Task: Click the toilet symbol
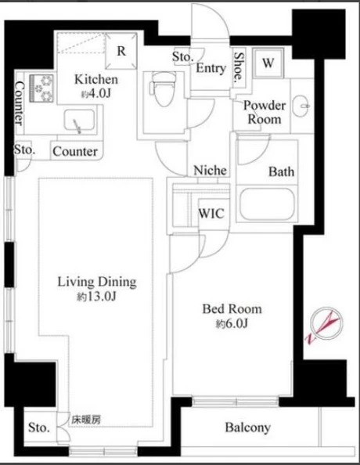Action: click(x=163, y=89)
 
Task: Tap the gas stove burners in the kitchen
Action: click(x=41, y=88)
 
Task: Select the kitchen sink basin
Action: click(x=80, y=121)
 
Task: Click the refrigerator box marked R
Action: click(x=121, y=51)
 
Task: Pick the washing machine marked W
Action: click(x=268, y=63)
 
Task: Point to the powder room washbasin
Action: click(x=301, y=106)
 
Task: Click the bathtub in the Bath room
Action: click(x=267, y=204)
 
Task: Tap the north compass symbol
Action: click(x=325, y=325)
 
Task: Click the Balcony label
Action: click(x=248, y=427)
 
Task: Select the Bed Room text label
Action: click(x=232, y=309)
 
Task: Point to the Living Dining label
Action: click(x=97, y=282)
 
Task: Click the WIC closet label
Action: click(x=211, y=213)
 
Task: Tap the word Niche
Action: click(x=210, y=170)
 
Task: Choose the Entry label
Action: click(x=211, y=68)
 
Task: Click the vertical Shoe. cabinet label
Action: click(x=239, y=67)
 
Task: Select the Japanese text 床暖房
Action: click(x=86, y=420)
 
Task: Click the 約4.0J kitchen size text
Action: click(x=96, y=94)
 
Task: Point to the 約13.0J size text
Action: click(x=96, y=297)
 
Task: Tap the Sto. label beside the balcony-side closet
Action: click(x=39, y=427)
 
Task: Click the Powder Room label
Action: click(x=265, y=112)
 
